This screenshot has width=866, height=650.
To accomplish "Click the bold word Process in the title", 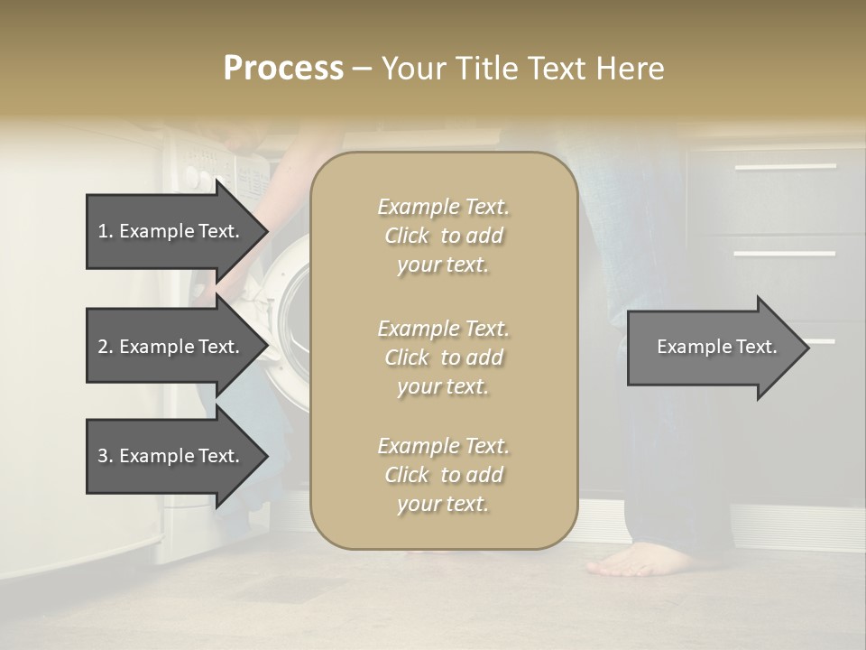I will (x=283, y=68).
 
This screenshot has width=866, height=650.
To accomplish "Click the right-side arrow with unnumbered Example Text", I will (x=717, y=347).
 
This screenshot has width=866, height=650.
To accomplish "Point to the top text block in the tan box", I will (x=443, y=236).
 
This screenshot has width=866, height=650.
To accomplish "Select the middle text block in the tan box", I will (x=443, y=357).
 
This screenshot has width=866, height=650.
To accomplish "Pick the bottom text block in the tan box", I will (x=443, y=475).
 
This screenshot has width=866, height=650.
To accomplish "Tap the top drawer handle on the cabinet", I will (x=784, y=167).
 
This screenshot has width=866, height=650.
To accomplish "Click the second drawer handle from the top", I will (x=784, y=254).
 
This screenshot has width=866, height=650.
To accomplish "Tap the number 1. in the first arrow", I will (x=106, y=231).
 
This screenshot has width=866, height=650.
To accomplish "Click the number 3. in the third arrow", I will (x=106, y=456).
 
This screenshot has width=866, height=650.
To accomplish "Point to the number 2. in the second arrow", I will (x=106, y=347).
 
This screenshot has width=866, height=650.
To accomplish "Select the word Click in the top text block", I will (x=407, y=236).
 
